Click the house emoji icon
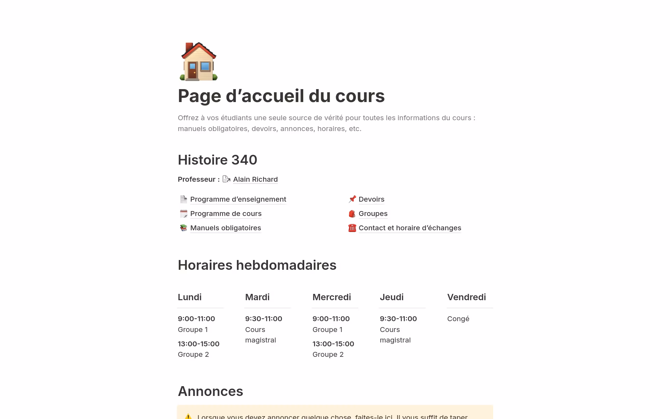[x=198, y=62]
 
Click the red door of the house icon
[x=192, y=70]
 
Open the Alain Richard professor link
[x=255, y=179]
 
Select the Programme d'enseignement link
[x=238, y=199]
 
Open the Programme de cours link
[x=226, y=214]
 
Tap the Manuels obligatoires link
[x=225, y=228]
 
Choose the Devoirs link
[x=371, y=199]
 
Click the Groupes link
[x=373, y=214]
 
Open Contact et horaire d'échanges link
[x=410, y=228]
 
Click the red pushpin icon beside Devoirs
[x=352, y=199]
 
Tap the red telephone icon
[x=352, y=228]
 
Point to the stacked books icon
[x=184, y=228]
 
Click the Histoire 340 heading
[x=217, y=160]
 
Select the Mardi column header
[x=257, y=297]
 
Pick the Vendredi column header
[x=466, y=297]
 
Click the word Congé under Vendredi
[x=458, y=319]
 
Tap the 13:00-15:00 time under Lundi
[x=199, y=344]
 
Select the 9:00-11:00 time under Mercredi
[x=331, y=319]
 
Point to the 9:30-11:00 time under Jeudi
[x=398, y=319]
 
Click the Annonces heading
[x=210, y=391]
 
